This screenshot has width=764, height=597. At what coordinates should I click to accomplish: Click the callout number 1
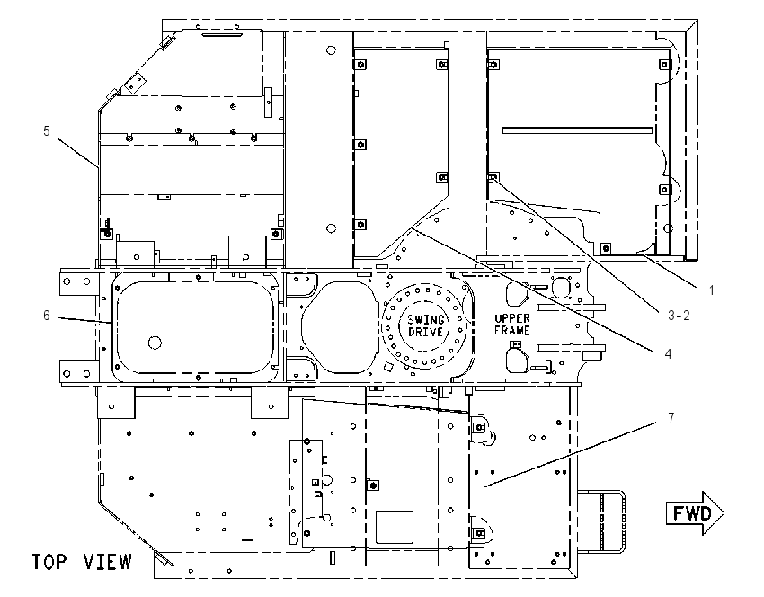coord(711,290)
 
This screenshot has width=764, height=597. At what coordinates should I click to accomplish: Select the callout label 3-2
coord(679,316)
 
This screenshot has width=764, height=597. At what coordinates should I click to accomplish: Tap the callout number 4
coord(668,354)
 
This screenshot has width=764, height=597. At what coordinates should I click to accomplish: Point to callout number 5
coord(46,130)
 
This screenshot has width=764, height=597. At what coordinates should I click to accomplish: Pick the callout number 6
coord(46,316)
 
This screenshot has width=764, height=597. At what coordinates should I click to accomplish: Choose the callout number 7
coord(671,418)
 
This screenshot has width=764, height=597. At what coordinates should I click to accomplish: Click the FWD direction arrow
coord(695,513)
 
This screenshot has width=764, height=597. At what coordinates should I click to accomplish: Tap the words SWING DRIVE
coord(426,325)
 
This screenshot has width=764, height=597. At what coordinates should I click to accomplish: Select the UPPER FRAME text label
coord(512,325)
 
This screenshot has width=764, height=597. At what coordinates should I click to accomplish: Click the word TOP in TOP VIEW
coord(49,561)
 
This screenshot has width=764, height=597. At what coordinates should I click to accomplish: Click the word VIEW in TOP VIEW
coord(107,561)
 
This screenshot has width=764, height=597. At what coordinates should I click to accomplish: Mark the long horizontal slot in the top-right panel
coord(577,130)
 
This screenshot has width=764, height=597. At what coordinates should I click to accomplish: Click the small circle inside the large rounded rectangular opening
coord(155,343)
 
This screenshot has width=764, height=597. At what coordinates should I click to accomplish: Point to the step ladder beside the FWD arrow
coord(600,522)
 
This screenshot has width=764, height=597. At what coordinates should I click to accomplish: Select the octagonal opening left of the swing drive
coord(340,327)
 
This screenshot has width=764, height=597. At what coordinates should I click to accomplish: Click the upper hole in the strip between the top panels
coord(331,49)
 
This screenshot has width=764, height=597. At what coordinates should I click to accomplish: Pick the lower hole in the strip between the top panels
coord(331,228)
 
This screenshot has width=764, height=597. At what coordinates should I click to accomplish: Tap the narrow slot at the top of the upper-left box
coord(223,35)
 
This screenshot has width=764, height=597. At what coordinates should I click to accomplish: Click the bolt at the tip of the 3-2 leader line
coord(493,176)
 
